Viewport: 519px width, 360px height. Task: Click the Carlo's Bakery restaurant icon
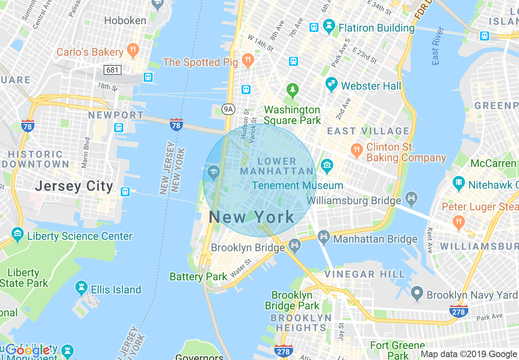tap(133, 51)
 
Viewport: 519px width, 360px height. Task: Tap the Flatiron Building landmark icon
tap(328, 27)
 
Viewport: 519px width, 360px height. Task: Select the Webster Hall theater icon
tap(332, 85)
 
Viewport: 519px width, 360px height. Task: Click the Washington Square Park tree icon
tap(292, 90)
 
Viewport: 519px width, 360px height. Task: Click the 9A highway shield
tap(228, 109)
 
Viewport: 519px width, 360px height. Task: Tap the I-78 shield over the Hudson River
tap(176, 125)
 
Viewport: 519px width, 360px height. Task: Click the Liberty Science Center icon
tap(18, 235)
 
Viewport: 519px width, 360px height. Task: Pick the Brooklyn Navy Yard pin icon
tap(417, 293)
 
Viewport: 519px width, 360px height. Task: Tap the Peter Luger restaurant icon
tap(458, 222)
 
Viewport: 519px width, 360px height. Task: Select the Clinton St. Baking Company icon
tap(357, 150)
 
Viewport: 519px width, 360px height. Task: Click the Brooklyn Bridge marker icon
tap(294, 245)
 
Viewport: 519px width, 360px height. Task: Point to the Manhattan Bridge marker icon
tap(324, 237)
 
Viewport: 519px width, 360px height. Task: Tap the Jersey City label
tap(74, 186)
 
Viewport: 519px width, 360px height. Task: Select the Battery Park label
tap(198, 277)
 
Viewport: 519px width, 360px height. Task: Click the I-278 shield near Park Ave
tap(458, 311)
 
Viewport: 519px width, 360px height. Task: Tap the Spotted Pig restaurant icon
tap(247, 61)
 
